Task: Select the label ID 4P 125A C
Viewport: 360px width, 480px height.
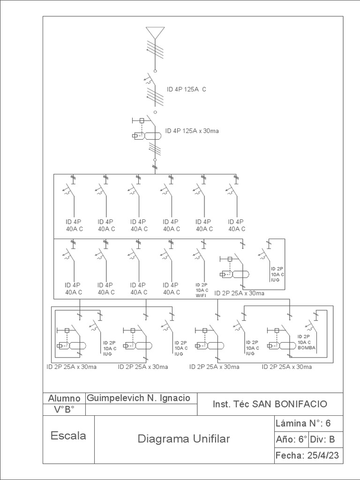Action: click(x=186, y=89)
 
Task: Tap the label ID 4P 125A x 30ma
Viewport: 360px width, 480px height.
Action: click(x=192, y=131)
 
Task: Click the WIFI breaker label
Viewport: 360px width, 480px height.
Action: click(x=202, y=290)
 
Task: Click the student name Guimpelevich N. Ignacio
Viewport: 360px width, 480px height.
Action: click(x=138, y=398)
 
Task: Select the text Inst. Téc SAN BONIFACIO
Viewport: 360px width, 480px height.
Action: click(x=270, y=404)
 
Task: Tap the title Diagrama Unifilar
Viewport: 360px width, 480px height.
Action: click(x=184, y=439)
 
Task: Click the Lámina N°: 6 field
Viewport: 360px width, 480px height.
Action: click(x=303, y=423)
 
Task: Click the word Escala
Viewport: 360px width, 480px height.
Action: click(x=68, y=435)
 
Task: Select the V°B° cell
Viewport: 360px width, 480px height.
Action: click(x=64, y=409)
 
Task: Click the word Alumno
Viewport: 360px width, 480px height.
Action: click(x=64, y=398)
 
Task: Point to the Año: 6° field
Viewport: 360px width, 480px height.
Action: click(x=292, y=439)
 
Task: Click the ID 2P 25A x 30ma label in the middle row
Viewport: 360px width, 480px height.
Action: click(x=239, y=293)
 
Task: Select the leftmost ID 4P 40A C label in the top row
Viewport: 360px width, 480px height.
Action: click(x=74, y=225)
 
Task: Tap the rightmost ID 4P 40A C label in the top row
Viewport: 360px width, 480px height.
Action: click(x=237, y=225)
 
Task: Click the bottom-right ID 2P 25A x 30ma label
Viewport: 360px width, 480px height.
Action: click(x=286, y=367)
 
